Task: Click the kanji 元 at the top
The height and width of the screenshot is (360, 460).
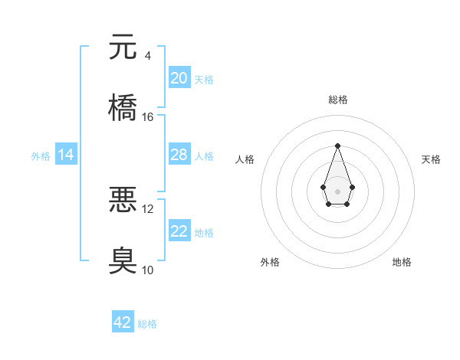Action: [123, 47]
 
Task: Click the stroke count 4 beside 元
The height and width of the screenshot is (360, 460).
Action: [147, 56]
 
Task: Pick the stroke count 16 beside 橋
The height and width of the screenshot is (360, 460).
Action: [148, 117]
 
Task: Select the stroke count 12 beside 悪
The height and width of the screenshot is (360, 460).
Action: [148, 208]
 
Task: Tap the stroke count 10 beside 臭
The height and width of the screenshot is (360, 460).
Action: [148, 270]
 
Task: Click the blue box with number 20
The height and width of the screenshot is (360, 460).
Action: [179, 78]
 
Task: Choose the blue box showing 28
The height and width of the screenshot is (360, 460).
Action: [179, 155]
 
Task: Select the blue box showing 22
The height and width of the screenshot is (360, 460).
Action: [179, 231]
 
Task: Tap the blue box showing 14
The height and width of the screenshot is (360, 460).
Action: [66, 155]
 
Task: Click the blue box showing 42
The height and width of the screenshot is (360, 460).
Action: [123, 322]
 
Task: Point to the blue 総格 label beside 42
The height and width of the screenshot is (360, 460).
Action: [147, 324]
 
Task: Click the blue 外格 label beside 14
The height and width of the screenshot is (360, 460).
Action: [41, 156]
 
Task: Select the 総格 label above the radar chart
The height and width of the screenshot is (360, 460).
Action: [337, 100]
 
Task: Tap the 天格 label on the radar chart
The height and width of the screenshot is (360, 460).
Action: [431, 159]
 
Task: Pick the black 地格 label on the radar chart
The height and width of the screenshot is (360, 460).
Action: [402, 262]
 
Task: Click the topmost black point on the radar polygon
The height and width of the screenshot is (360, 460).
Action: [337, 146]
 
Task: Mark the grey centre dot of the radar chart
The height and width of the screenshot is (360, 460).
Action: [337, 190]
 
